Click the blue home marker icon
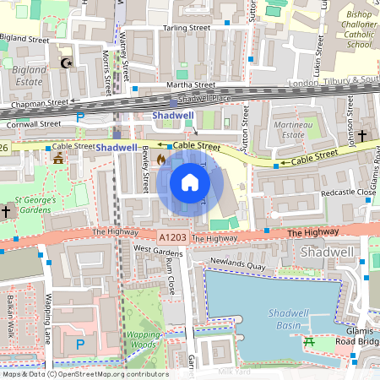click(x=190, y=182)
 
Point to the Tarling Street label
click(x=187, y=28)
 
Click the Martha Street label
click(x=192, y=85)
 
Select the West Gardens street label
click(x=158, y=250)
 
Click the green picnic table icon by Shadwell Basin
click(x=309, y=342)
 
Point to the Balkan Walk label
click(x=11, y=317)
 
